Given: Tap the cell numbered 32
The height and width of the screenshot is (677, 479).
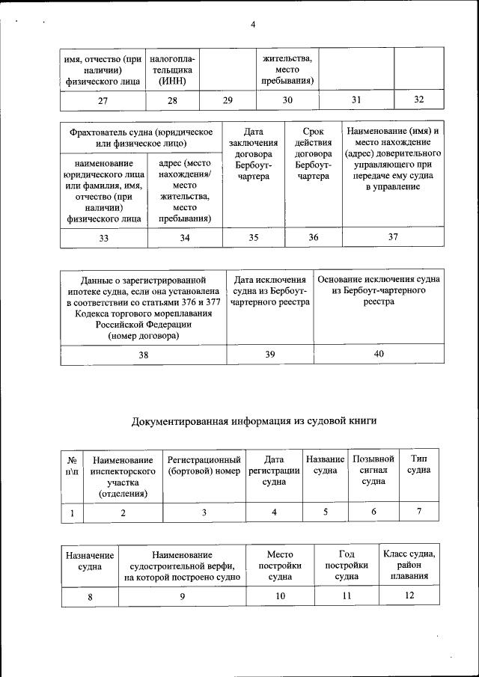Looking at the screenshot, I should click(x=418, y=99).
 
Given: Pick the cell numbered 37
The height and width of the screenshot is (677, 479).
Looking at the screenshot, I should click(x=393, y=237).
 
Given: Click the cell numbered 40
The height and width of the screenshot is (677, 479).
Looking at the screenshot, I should click(x=379, y=354).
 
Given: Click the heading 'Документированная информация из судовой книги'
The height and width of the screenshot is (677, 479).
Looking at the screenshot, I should click(x=254, y=421).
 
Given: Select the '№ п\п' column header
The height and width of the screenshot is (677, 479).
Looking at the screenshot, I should click(x=72, y=465).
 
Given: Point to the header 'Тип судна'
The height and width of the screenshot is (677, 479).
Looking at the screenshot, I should click(x=418, y=464).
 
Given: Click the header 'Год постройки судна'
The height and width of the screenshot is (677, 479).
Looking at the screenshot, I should click(x=346, y=566).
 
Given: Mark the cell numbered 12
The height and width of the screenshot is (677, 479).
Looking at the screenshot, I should click(x=409, y=595).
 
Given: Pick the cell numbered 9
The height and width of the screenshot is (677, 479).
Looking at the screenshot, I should click(x=183, y=596).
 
